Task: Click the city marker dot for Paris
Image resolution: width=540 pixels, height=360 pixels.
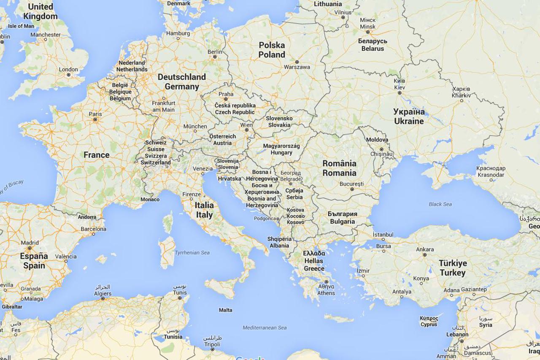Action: pyautogui.click(x=95, y=120)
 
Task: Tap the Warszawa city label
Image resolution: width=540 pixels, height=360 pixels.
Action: pyautogui.click(x=297, y=67)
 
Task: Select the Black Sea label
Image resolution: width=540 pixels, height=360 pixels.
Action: pyautogui.click(x=440, y=204)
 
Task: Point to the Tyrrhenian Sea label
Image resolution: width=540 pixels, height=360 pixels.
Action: pyautogui.click(x=192, y=253)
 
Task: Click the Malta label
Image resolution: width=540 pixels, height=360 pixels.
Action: pyautogui.click(x=225, y=310)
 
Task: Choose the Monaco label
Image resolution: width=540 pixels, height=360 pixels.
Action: pyautogui.click(x=150, y=200)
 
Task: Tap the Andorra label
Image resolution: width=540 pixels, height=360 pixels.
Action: pyautogui.click(x=87, y=217)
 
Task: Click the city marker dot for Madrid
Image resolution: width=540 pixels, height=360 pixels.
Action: pyautogui.click(x=30, y=249)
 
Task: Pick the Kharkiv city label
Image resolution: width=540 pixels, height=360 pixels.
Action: pyautogui.click(x=461, y=92)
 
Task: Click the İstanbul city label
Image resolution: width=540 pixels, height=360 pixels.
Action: pyautogui.click(x=383, y=235)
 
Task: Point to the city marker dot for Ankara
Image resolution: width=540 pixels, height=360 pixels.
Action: pyautogui.click(x=425, y=255)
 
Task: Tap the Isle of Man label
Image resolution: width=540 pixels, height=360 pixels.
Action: pyautogui.click(x=21, y=26)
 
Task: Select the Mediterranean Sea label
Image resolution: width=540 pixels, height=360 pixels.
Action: pyautogui.click(x=265, y=328)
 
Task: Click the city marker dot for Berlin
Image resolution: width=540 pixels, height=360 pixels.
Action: pyautogui.click(x=215, y=57)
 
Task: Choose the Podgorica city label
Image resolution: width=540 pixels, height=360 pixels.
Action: pyautogui.click(x=265, y=219)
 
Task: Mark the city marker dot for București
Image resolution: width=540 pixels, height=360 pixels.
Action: pyautogui.click(x=352, y=189)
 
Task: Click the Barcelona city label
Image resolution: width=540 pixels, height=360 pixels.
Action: pyautogui.click(x=93, y=229)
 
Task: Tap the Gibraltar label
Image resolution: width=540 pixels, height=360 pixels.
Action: pyautogui.click(x=12, y=307)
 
